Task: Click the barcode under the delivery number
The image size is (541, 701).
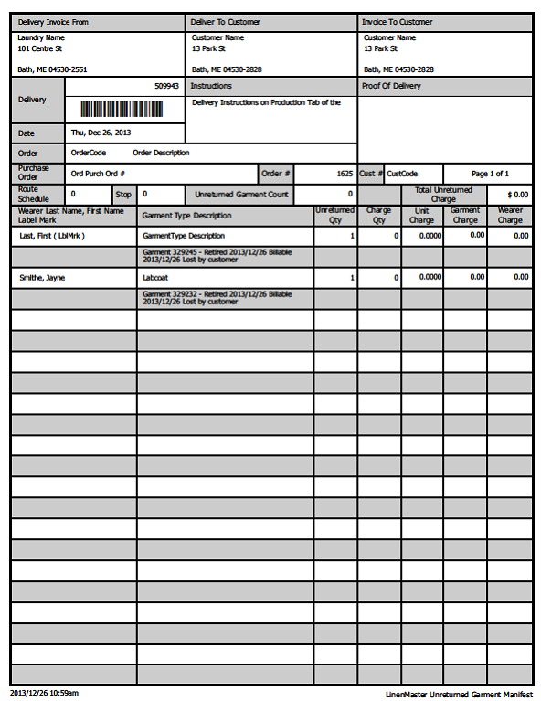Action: pyautogui.click(x=122, y=110)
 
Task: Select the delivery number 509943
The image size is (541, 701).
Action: pyautogui.click(x=166, y=86)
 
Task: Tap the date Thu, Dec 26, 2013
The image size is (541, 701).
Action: pyautogui.click(x=101, y=133)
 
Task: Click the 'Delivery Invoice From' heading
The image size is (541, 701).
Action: pyautogui.click(x=54, y=22)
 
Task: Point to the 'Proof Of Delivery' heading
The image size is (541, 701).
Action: pyautogui.click(x=392, y=86)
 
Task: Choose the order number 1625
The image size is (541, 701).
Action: pyautogui.click(x=344, y=174)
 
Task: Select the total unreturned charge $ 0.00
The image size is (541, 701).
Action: pyautogui.click(x=518, y=195)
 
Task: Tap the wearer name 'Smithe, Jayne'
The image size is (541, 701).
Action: pyautogui.click(x=42, y=277)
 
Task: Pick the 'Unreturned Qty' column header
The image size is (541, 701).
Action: pyautogui.click(x=334, y=216)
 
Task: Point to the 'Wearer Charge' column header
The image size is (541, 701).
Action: pyautogui.click(x=510, y=216)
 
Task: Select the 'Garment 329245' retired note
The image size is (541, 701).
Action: pyautogui.click(x=217, y=255)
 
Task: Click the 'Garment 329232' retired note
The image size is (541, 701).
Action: pyautogui.click(x=217, y=298)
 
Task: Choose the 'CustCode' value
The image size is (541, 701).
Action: pyautogui.click(x=402, y=174)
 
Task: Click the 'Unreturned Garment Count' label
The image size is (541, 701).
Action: pyautogui.click(x=241, y=195)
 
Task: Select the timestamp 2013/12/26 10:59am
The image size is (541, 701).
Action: pyautogui.click(x=45, y=693)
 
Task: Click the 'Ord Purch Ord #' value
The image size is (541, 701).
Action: pyautogui.click(x=98, y=174)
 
